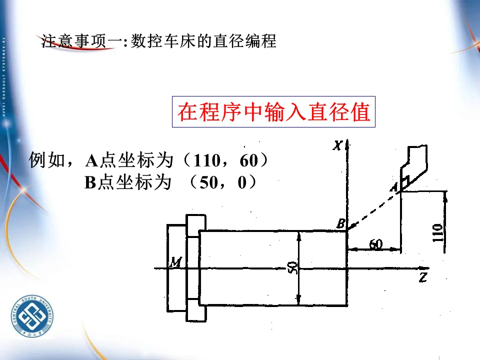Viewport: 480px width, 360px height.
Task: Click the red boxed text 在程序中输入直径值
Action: coord(273,112)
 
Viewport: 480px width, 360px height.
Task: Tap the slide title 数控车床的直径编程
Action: coord(203,41)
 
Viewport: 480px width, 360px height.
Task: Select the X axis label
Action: coord(338,145)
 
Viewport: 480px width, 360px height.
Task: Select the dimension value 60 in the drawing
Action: coord(375,244)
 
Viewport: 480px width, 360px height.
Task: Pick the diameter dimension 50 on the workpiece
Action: coord(294,267)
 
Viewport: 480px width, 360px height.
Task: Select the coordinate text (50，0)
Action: coord(222,183)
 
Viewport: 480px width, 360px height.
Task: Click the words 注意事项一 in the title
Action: coord(80,41)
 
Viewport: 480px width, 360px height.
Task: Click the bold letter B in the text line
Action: coord(90,183)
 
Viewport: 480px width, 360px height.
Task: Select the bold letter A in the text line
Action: coord(92,161)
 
